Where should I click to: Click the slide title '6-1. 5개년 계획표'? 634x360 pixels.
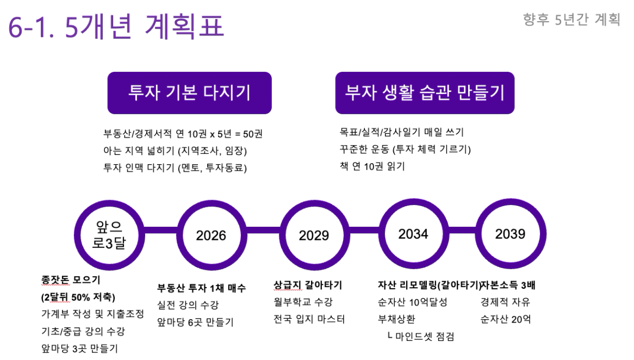pyautogui.click(x=116, y=27)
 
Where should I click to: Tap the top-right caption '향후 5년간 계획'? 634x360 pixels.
pyautogui.click(x=571, y=19)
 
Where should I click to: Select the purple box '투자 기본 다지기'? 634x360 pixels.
pyautogui.click(x=189, y=92)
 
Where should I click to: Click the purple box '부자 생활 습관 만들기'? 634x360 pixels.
pyautogui.click(x=425, y=92)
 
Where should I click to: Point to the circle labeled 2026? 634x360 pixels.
pyautogui.click(x=212, y=235)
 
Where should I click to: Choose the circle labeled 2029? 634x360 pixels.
pyautogui.click(x=314, y=235)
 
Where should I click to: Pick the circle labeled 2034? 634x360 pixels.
pyautogui.click(x=413, y=234)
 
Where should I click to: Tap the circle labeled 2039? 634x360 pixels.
pyautogui.click(x=511, y=234)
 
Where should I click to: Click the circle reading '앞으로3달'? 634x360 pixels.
pyautogui.click(x=109, y=235)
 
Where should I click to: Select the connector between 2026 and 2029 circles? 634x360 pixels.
pyautogui.click(x=263, y=230)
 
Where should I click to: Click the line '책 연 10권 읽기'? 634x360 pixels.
pyautogui.click(x=372, y=166)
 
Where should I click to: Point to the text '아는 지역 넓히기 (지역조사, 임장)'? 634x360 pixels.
pyautogui.click(x=175, y=151)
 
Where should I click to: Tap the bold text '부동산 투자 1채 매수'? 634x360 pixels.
pyautogui.click(x=201, y=288)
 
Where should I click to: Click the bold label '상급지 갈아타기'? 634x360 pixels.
pyautogui.click(x=308, y=285)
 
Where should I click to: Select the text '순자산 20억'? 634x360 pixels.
pyautogui.click(x=506, y=319)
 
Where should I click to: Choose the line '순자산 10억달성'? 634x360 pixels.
pyautogui.click(x=412, y=302)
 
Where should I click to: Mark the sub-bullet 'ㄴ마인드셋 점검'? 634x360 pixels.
pyautogui.click(x=420, y=336)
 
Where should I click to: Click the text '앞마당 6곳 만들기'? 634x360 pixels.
pyautogui.click(x=195, y=322)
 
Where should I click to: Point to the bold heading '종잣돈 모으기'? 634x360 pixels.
pyautogui.click(x=71, y=280)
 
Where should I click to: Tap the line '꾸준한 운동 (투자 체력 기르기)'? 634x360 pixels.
pyautogui.click(x=405, y=149)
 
